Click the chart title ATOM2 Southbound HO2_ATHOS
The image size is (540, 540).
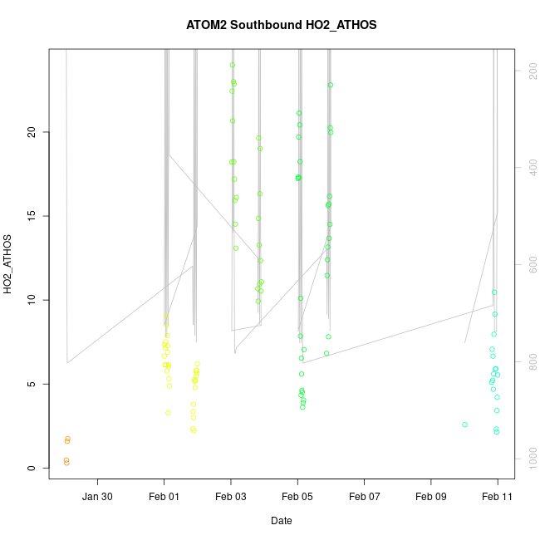(282, 25)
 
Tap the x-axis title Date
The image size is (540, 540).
(281, 521)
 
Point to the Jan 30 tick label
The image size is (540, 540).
(97, 497)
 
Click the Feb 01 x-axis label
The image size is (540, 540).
(164, 497)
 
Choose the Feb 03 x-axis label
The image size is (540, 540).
(231, 497)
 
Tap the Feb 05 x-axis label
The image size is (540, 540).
(297, 497)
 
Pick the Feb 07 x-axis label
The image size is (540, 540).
(364, 497)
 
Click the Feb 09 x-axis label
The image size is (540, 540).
(431, 497)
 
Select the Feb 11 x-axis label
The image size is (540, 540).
(498, 497)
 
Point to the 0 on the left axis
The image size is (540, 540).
(31, 469)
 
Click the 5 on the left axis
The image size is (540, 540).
(31, 385)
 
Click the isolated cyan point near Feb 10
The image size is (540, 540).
(464, 425)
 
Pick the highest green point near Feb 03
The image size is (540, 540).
(233, 65)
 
